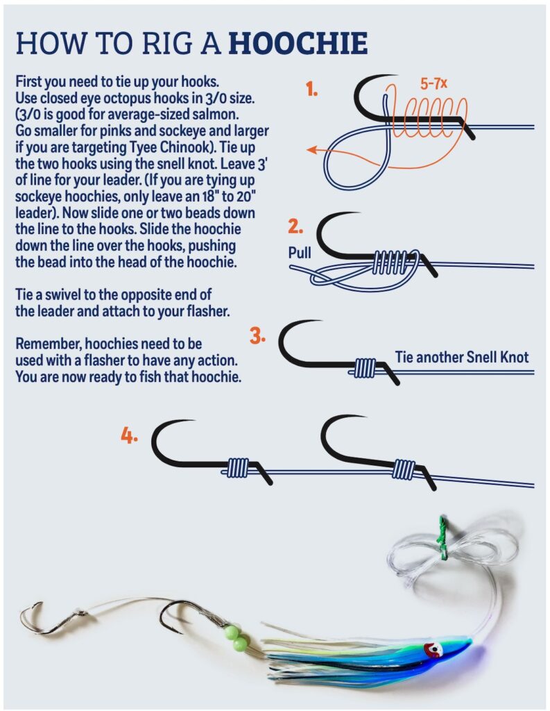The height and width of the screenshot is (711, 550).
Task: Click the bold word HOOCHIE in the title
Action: [298, 43]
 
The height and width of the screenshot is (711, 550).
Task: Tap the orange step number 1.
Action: [311, 90]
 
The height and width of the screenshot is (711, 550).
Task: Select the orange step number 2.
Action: [295, 226]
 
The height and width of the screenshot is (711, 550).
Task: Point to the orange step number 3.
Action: [257, 336]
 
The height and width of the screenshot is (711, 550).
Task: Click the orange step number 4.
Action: [129, 436]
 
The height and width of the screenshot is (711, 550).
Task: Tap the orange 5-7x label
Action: [433, 83]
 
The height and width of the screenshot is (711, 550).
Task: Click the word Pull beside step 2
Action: [300, 253]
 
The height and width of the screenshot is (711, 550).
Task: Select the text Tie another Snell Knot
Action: [462, 357]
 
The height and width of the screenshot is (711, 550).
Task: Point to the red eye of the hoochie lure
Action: [433, 650]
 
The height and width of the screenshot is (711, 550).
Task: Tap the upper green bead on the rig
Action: [232, 632]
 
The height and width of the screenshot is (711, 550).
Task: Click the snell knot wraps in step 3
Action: [365, 368]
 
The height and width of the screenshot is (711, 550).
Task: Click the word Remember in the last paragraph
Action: [48, 344]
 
